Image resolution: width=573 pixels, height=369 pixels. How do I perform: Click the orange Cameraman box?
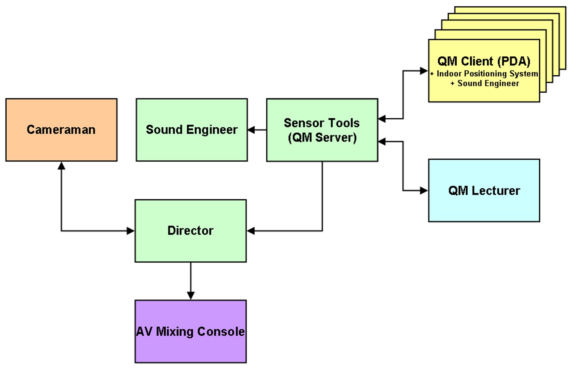61,130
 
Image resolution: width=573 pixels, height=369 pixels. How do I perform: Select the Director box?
190,231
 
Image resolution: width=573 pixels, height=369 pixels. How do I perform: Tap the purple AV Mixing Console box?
190,331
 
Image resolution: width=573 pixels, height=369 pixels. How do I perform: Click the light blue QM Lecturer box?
484,190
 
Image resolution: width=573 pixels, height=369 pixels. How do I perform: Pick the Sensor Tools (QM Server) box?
322,130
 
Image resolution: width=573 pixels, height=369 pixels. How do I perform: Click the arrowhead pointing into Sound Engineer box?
251,130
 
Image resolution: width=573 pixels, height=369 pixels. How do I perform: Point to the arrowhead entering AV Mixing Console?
190,296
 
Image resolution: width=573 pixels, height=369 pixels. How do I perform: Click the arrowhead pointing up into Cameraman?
61,166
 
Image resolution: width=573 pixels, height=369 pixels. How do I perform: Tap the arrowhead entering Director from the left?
131,231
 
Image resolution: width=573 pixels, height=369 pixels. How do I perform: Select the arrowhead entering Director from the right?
251,231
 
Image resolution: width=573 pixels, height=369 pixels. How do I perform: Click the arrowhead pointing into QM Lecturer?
424,190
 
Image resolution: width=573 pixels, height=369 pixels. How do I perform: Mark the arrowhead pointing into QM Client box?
424,71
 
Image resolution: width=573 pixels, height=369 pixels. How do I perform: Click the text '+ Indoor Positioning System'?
484,74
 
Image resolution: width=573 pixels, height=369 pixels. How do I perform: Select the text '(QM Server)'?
322,138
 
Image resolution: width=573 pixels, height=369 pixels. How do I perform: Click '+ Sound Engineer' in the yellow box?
485,84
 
